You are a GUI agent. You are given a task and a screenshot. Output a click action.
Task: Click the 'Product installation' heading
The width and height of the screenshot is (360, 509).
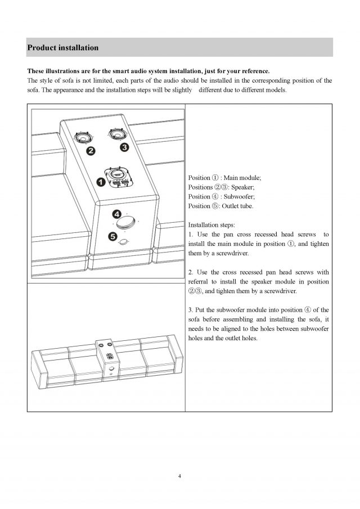(x=63, y=48)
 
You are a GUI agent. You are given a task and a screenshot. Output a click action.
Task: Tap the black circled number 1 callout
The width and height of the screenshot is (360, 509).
(x=100, y=182)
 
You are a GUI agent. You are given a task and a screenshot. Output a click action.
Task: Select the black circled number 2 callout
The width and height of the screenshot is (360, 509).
(x=89, y=150)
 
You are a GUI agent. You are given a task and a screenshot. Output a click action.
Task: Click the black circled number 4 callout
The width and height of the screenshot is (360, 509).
(x=116, y=214)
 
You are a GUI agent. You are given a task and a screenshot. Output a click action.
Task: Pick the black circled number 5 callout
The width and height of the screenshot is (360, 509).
(x=112, y=237)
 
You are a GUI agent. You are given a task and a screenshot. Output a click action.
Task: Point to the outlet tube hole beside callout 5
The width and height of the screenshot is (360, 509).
(x=124, y=242)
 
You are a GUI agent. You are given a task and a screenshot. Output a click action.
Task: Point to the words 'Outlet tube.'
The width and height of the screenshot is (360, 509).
(x=240, y=205)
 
